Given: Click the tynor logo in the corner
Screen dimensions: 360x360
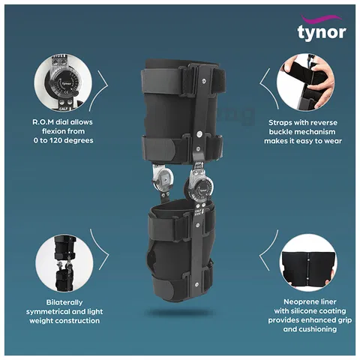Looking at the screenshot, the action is (322, 28).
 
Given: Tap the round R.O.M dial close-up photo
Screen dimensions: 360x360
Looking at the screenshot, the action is (63, 82).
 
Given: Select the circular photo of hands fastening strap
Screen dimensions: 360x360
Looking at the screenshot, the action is (305, 82).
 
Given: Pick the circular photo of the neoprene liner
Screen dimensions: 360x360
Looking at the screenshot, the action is (308, 262).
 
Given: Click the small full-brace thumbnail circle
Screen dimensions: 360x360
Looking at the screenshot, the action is (64, 263).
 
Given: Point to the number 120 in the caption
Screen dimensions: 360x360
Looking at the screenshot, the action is (56, 140).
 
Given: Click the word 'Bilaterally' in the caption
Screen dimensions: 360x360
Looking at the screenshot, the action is (64, 302).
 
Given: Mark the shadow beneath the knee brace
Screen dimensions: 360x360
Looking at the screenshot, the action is (179, 313).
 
